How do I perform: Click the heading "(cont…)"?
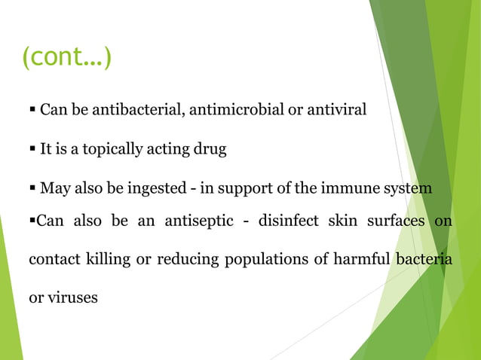(x=66, y=57)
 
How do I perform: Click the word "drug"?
(x=211, y=149)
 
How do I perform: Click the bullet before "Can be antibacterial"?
(x=32, y=111)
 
